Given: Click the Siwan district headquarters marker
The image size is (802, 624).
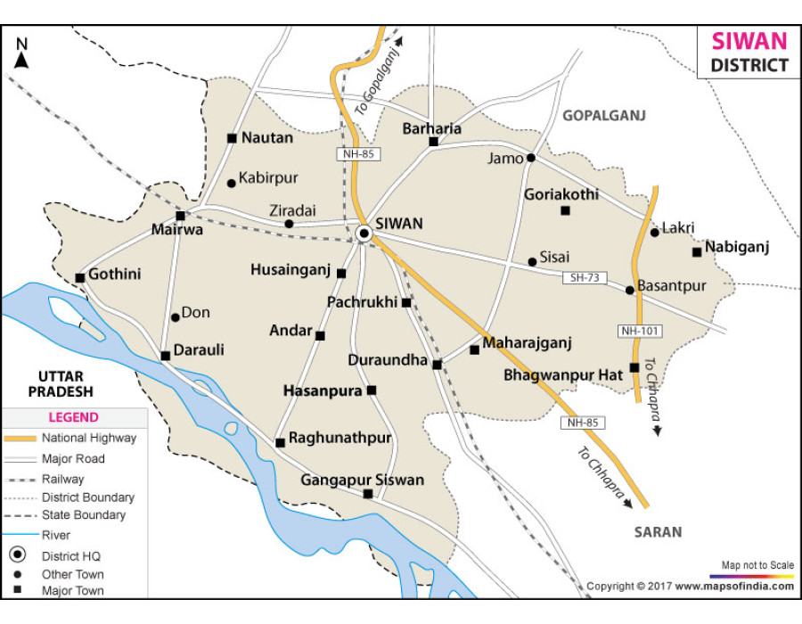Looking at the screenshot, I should pyautogui.click(x=364, y=234).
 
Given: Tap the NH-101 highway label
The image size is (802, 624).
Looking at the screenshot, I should pyautogui.click(x=639, y=331).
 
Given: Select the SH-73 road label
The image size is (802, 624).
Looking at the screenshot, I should pyautogui.click(x=585, y=278).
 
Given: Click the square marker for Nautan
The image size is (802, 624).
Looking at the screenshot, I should pyautogui.click(x=232, y=138).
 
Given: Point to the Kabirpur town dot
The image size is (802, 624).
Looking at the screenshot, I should pyautogui.click(x=232, y=183).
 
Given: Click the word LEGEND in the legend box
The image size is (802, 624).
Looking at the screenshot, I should pyautogui.click(x=73, y=417).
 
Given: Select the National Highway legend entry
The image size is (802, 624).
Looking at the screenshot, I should pyautogui.click(x=88, y=438).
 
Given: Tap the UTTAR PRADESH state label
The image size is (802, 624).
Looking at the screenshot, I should pyautogui.click(x=60, y=383).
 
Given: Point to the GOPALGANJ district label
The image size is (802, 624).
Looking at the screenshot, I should pyautogui.click(x=602, y=116).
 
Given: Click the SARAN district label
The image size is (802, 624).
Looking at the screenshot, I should pyautogui.click(x=658, y=532).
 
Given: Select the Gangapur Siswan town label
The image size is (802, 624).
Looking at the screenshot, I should pyautogui.click(x=362, y=480).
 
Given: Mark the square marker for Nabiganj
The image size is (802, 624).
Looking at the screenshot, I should pyautogui.click(x=697, y=252).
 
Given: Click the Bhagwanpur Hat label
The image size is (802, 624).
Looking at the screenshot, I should pyautogui.click(x=563, y=375).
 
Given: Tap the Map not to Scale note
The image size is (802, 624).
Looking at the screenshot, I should pyautogui.click(x=757, y=565).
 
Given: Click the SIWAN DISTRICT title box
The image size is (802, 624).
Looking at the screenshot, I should pyautogui.click(x=748, y=53).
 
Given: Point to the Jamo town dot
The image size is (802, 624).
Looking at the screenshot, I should pyautogui.click(x=530, y=158).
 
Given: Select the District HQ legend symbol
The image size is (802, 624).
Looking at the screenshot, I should pyautogui.click(x=17, y=555).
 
